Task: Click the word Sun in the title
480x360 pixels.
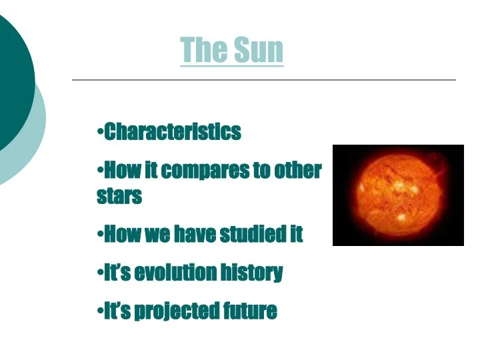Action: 258,50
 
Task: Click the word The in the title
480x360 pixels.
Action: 203,50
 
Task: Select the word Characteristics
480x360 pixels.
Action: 173,132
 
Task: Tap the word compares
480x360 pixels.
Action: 203,171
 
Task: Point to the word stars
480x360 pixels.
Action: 119,197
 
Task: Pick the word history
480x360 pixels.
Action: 253,273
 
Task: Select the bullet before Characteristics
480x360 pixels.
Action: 100,131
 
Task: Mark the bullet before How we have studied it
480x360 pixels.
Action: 100,233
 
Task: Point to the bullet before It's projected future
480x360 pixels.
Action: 100,309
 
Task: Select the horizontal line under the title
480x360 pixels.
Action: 263,80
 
